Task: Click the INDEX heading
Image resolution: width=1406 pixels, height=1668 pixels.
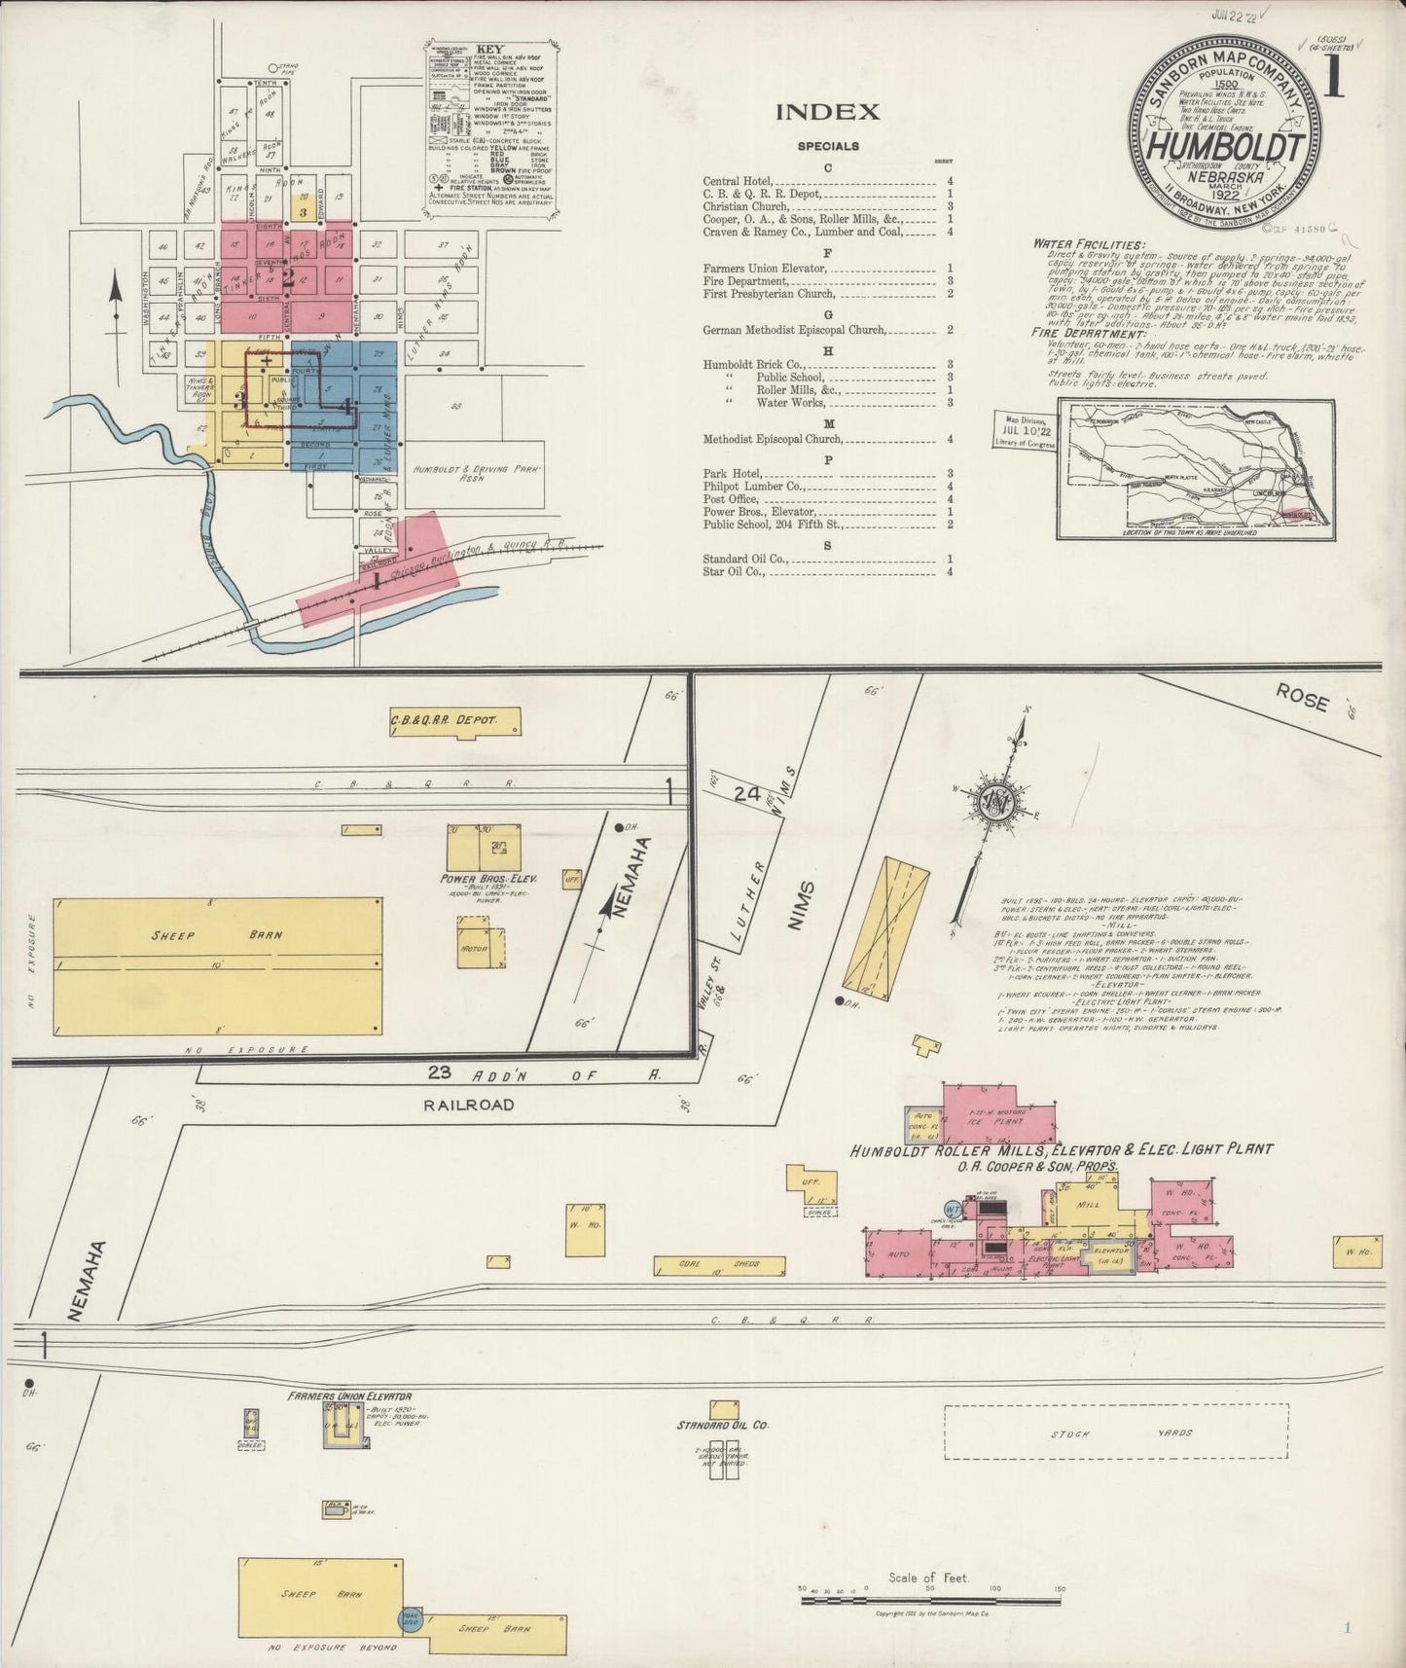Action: point(828,112)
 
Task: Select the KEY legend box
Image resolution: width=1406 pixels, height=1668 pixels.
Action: point(492,127)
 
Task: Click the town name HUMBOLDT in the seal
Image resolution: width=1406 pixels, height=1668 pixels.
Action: point(1224,148)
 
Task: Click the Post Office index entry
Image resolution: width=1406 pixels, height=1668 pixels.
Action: point(730,498)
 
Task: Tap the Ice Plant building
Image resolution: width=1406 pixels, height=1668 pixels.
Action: point(997,1120)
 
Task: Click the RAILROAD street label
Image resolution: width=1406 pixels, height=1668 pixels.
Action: point(469,1105)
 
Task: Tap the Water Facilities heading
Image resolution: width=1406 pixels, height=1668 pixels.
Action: point(1089,244)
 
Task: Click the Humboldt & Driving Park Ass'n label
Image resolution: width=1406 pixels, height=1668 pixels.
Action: point(469,473)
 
